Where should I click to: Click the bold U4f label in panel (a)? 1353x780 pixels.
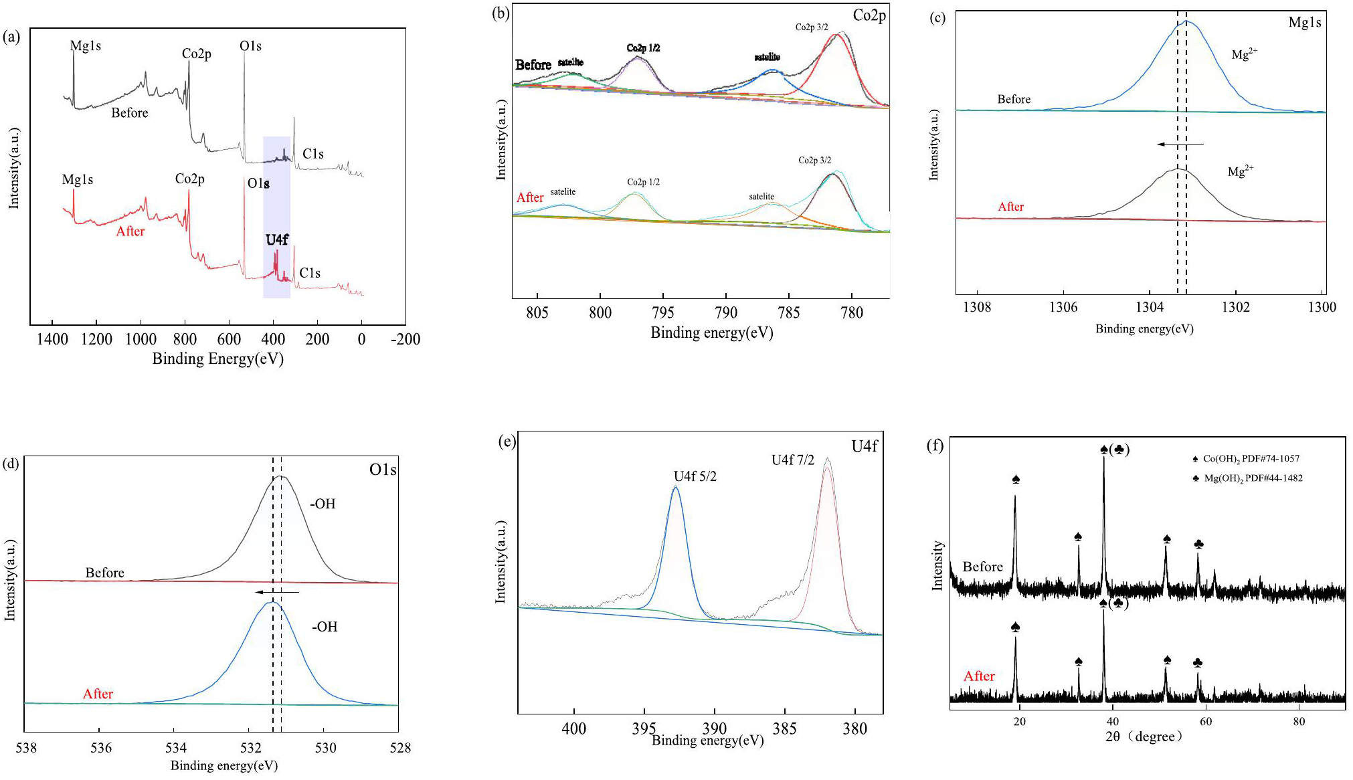point(277,239)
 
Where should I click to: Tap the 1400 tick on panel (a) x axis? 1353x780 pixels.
point(52,339)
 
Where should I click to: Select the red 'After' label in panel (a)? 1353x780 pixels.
point(130,231)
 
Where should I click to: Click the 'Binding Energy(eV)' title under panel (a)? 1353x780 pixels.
point(217,359)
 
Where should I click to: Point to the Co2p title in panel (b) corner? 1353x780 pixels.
point(869,15)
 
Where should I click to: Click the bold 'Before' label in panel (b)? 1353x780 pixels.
point(533,65)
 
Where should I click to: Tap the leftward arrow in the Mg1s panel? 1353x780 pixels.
point(1180,144)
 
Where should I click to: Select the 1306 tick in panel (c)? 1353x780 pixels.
point(1063,307)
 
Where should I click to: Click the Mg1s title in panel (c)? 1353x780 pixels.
point(1304,23)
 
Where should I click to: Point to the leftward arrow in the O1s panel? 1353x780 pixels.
point(277,592)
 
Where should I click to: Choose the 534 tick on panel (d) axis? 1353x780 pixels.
point(175,748)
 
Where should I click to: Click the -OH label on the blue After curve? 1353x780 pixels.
point(325,627)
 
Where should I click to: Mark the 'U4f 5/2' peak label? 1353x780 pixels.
point(695,476)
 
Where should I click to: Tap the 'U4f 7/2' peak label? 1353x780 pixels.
point(792,460)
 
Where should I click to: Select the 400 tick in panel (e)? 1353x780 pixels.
point(573,728)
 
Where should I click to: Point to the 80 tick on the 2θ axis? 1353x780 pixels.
point(1298,722)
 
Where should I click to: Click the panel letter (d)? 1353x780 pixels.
point(11,464)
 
